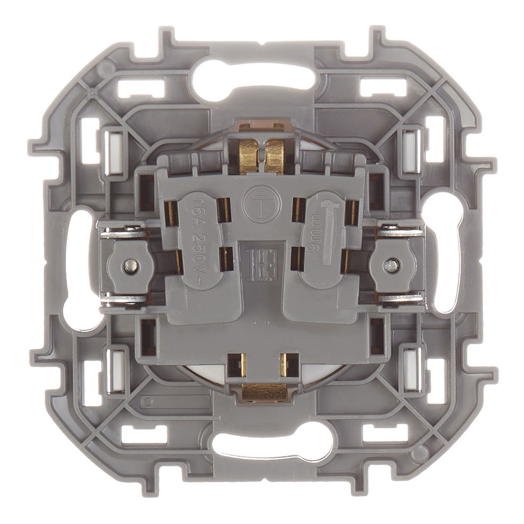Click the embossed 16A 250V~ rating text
pos(199,242)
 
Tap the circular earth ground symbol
pos(260,202)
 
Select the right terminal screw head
pos(390,265)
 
